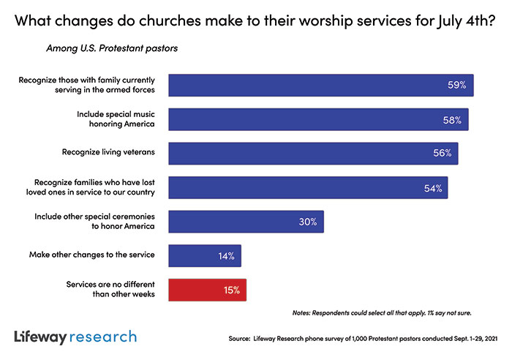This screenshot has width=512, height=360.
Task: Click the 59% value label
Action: (458, 86)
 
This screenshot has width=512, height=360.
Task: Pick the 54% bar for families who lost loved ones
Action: (308, 188)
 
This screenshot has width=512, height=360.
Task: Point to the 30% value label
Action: (306, 222)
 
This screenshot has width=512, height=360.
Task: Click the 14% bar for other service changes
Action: (205, 255)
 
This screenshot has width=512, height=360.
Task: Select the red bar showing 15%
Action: (208, 290)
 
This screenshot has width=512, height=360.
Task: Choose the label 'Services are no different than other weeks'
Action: (110, 290)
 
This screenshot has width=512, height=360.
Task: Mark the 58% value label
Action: (452, 119)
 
